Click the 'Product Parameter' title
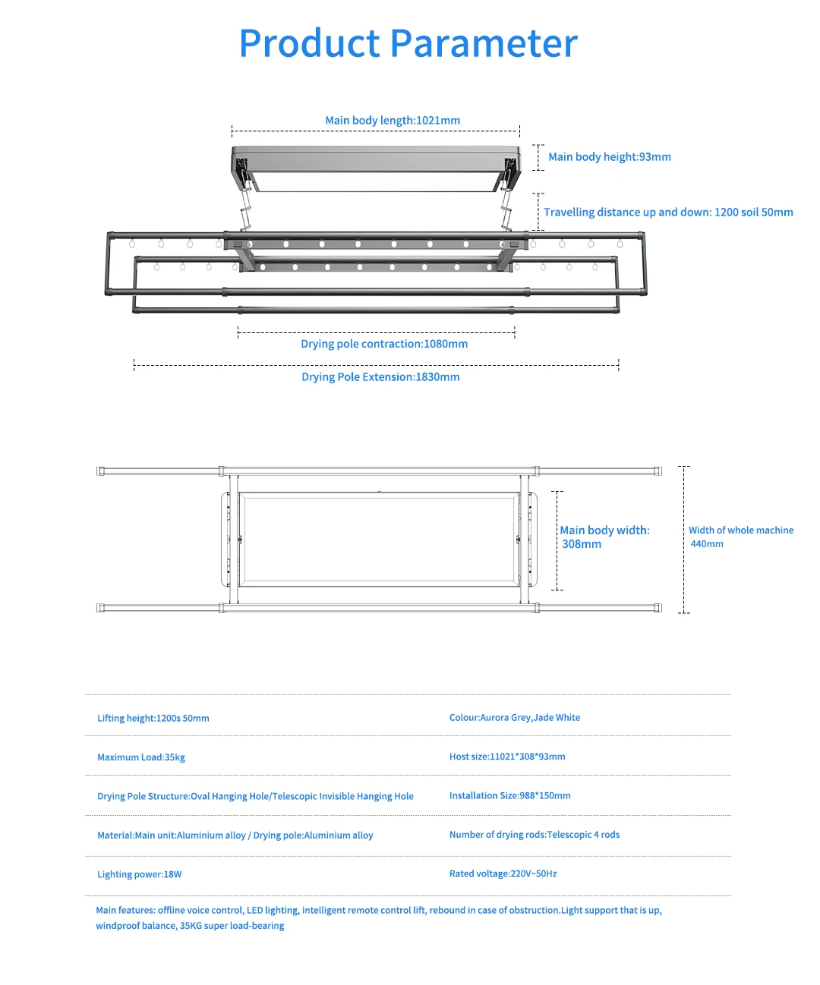[408, 43]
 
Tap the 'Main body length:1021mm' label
[393, 121]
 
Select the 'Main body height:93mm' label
[609, 157]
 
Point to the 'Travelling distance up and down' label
[668, 212]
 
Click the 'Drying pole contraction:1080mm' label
[384, 345]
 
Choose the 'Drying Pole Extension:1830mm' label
[380, 377]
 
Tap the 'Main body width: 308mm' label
[604, 537]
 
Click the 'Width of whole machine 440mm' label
[740, 537]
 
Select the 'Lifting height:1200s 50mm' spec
[153, 719]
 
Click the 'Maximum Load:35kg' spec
[141, 757]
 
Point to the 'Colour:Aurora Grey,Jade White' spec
[515, 718]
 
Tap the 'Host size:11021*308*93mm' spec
[507, 757]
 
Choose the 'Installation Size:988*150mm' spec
[509, 796]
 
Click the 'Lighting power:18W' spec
[140, 875]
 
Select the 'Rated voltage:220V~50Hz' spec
[503, 874]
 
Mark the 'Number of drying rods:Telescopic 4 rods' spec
[535, 835]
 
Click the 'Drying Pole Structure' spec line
[255, 797]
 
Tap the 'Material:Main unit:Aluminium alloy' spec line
[235, 836]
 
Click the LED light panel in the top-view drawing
[378, 540]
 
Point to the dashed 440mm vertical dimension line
[683, 540]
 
